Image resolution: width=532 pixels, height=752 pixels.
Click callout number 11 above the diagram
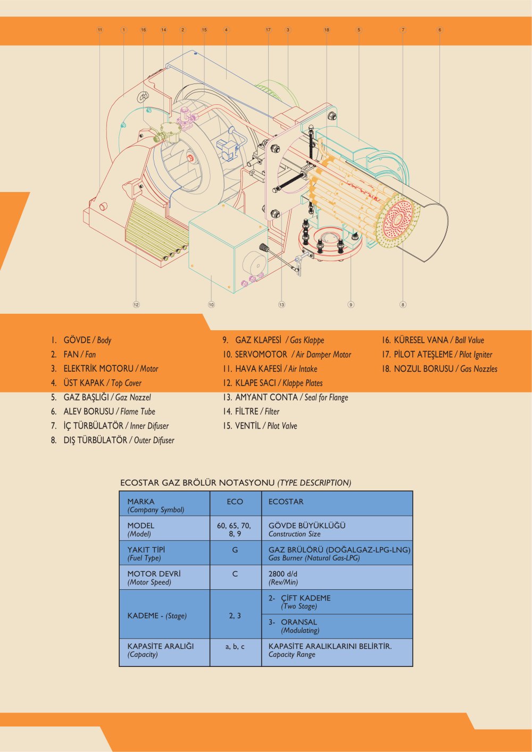click(x=100, y=30)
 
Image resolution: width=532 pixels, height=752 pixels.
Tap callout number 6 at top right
click(x=439, y=30)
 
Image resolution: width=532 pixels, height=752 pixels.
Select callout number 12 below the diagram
click(x=136, y=305)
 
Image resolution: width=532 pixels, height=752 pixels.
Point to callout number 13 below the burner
click(x=281, y=305)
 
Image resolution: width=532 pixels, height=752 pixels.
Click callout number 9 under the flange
click(x=351, y=305)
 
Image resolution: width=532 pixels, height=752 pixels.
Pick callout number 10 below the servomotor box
click(x=211, y=305)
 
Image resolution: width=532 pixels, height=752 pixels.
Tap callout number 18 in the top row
click(x=327, y=30)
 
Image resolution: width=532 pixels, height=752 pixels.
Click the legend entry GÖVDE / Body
click(x=81, y=340)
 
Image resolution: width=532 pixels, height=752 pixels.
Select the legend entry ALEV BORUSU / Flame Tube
click(x=103, y=411)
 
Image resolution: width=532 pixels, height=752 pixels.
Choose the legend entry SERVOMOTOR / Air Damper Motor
click(x=287, y=355)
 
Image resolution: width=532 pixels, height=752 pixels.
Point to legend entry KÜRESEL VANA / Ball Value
click(x=433, y=340)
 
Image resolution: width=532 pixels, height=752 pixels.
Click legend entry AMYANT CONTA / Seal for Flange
click(x=285, y=397)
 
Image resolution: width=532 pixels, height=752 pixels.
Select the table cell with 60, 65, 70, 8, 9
click(x=235, y=529)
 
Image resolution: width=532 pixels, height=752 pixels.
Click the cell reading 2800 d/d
click(x=337, y=578)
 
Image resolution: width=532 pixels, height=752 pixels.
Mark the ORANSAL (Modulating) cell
click(x=337, y=626)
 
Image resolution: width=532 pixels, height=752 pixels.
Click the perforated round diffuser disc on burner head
click(x=397, y=220)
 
